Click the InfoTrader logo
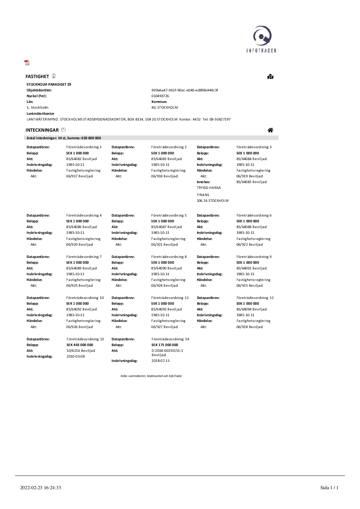262,39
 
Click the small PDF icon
27,63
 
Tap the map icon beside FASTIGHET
270,77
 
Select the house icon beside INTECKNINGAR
270,130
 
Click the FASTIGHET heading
37,77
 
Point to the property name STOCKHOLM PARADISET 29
49,85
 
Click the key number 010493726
160,96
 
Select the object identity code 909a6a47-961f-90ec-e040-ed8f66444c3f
185,90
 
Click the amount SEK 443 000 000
80,345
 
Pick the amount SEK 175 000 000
165,345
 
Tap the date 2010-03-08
76,356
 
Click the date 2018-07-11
161,361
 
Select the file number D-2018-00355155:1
167,351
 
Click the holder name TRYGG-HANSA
209,188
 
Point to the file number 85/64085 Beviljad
252,182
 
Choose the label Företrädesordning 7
84,257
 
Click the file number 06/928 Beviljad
249,327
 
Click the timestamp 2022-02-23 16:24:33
41,488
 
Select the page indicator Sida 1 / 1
329,488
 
